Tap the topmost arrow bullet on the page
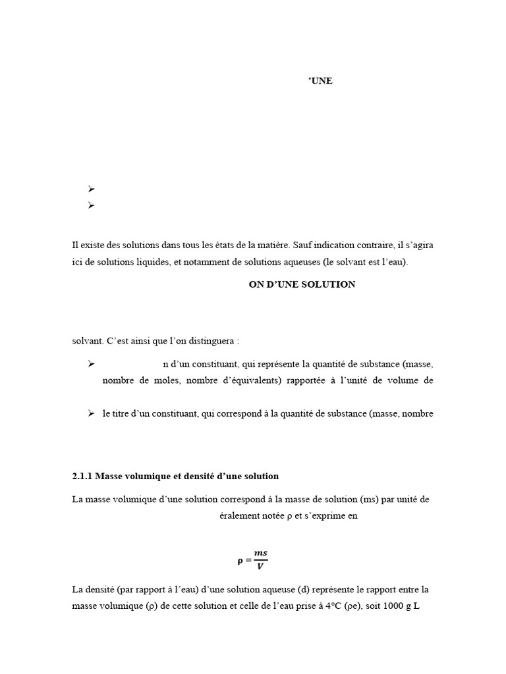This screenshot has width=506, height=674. pyautogui.click(x=92, y=190)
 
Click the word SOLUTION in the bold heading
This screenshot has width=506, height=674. pyautogui.click(x=328, y=284)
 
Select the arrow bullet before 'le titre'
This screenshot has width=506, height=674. pyautogui.click(x=92, y=413)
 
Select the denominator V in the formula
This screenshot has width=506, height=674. pyautogui.click(x=260, y=565)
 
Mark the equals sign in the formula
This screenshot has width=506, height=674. pyautogui.click(x=247, y=560)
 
